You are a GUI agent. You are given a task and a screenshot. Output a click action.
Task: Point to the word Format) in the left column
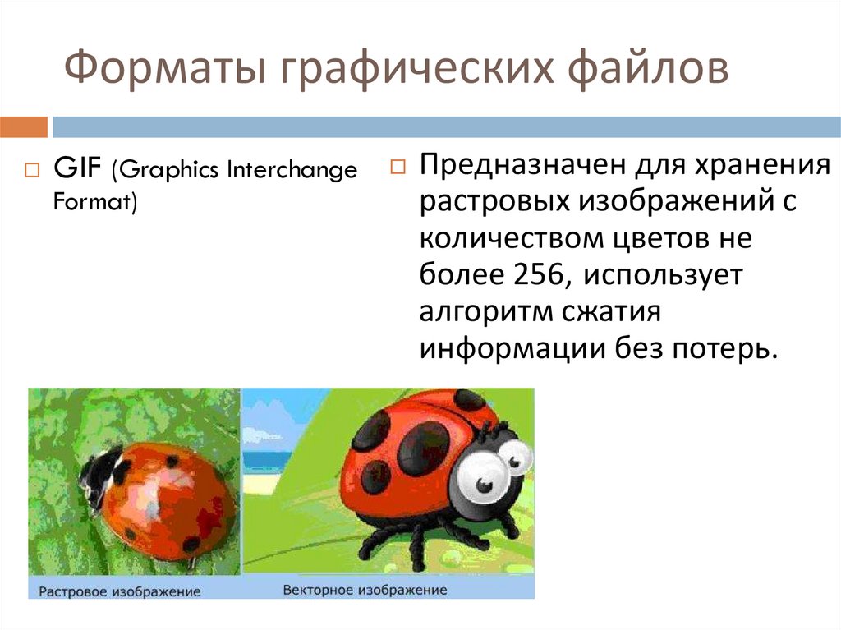point(94,201)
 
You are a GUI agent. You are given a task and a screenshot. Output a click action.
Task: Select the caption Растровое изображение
point(120,591)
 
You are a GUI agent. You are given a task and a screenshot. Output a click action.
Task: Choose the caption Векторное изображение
point(365,590)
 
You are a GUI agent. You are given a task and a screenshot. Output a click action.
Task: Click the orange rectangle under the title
point(23,126)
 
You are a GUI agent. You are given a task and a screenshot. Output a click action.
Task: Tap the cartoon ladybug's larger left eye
point(481,472)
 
